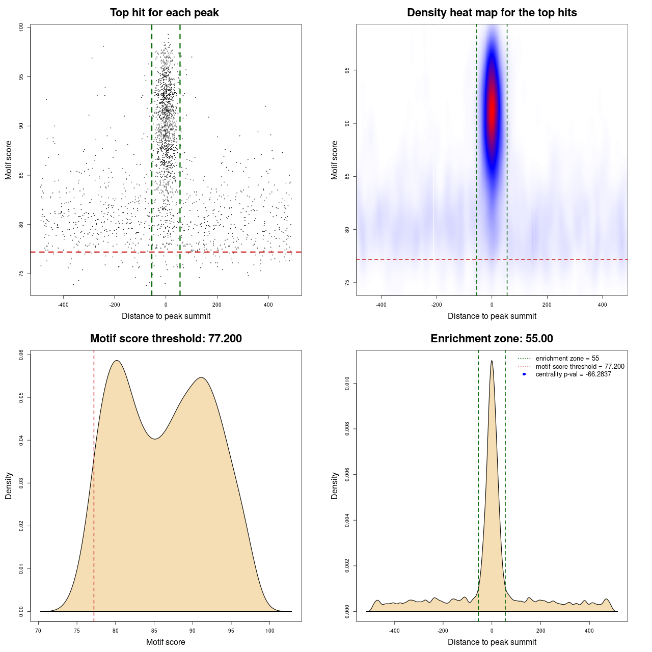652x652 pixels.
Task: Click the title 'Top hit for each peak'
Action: [165, 13]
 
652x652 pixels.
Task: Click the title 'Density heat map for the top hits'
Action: [492, 13]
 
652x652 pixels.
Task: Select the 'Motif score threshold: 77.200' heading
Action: [166, 339]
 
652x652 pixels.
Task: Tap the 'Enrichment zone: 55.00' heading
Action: [492, 339]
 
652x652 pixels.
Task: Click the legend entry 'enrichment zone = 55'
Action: [567, 359]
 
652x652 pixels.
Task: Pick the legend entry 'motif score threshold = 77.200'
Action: [580, 366]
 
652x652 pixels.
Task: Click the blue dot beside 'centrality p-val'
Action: [524, 374]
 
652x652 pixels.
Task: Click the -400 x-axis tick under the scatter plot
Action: [63, 305]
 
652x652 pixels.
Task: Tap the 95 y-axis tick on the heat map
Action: [347, 70]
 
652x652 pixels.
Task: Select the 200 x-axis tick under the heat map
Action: [547, 305]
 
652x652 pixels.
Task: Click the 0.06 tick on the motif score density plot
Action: [21, 355]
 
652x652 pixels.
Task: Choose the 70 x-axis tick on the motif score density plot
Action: [39, 631]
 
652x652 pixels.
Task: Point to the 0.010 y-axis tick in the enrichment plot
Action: [347, 384]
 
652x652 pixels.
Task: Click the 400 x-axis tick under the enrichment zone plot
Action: [589, 631]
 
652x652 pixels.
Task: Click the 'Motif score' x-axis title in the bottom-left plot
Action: [166, 642]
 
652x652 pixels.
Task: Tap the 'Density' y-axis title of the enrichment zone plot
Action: [335, 485]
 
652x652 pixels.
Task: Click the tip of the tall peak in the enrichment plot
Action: [492, 361]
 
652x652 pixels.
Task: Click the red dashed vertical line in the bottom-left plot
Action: [94, 509]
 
